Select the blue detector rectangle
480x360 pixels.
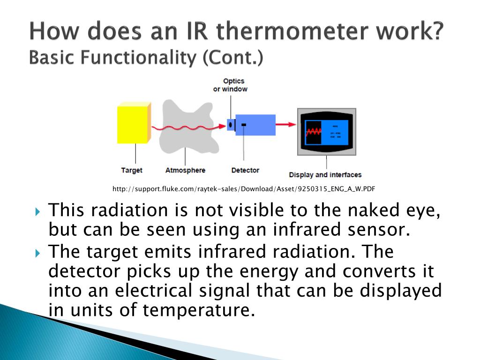(x=255, y=124)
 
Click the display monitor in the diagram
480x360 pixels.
(x=327, y=132)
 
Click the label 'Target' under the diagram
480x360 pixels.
(x=131, y=170)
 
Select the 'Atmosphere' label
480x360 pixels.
(x=185, y=170)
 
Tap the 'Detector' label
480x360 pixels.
(x=245, y=170)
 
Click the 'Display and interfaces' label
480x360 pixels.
(x=325, y=175)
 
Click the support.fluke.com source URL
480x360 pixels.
(x=244, y=189)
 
